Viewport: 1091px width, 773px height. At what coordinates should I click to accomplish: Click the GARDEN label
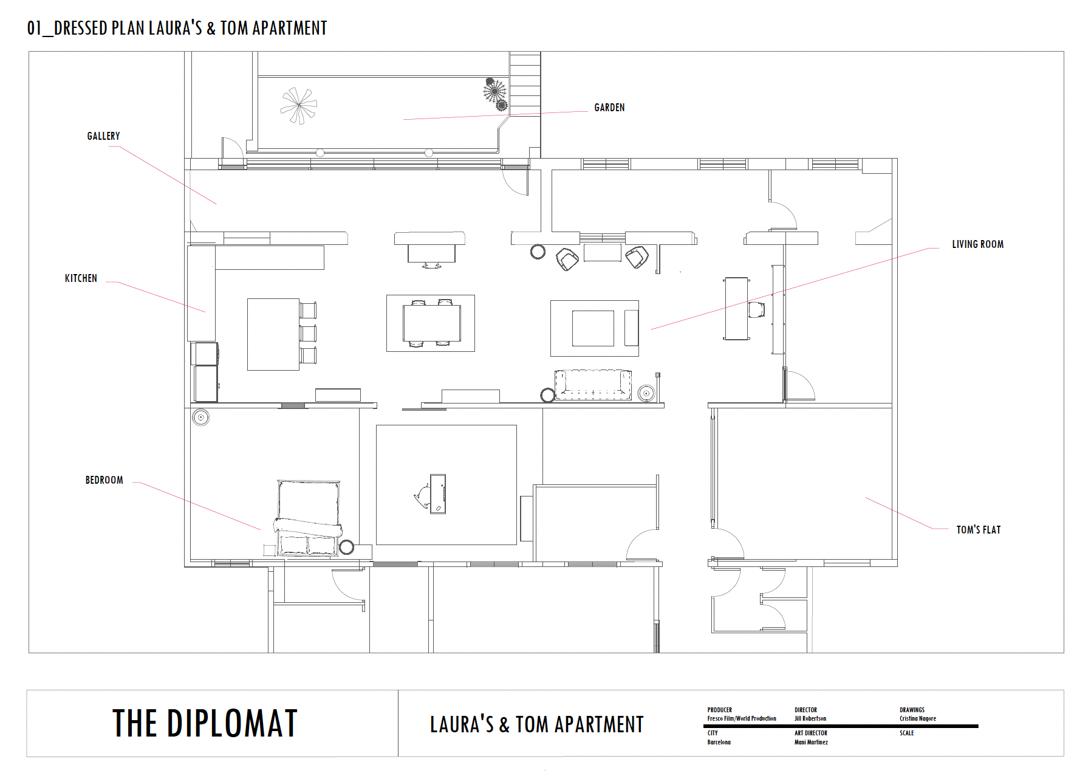[x=609, y=108]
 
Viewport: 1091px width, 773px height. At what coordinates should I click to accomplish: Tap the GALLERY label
[x=103, y=136]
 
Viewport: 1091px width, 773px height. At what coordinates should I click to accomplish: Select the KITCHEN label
[x=81, y=278]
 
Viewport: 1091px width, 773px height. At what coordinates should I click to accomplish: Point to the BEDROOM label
[x=104, y=480]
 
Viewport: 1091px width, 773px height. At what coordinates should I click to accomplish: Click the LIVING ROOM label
[x=977, y=244]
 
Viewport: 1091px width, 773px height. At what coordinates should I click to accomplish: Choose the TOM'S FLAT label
[x=978, y=530]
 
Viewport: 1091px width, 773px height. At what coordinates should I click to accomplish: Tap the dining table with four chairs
[x=431, y=323]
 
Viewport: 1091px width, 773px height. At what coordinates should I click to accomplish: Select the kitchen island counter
[x=273, y=334]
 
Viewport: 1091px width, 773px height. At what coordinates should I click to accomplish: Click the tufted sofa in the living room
[x=593, y=385]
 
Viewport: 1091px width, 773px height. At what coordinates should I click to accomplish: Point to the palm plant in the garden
[x=298, y=106]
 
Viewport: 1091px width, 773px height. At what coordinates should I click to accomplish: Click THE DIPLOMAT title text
[x=205, y=723]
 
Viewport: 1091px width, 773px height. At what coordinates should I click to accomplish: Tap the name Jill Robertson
[x=810, y=718]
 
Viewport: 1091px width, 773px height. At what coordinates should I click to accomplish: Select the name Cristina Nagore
[x=918, y=718]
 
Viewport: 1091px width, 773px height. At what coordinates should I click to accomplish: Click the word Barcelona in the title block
[x=719, y=742]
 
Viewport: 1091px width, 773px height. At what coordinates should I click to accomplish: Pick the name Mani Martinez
[x=811, y=742]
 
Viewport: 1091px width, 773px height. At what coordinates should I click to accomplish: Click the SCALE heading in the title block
[x=906, y=733]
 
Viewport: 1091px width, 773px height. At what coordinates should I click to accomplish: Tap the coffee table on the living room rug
[x=593, y=328]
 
